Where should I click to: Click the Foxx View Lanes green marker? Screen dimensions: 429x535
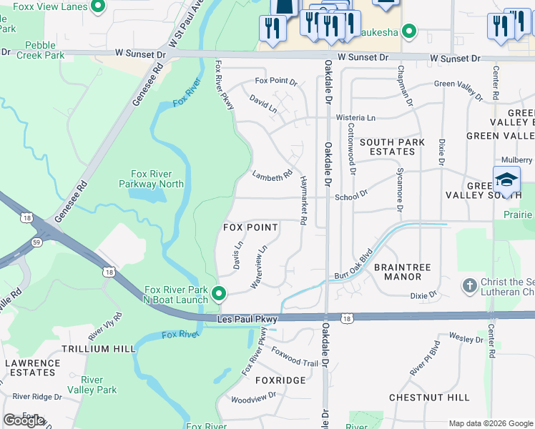[99, 8]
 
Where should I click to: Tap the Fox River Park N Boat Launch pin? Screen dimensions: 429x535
[220, 294]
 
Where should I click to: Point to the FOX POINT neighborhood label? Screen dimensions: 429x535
[250, 227]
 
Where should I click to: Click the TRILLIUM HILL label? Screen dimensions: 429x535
[98, 349]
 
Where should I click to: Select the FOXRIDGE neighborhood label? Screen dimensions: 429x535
[280, 380]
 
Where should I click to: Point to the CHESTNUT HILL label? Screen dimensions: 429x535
[429, 398]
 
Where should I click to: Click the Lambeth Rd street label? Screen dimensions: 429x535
[273, 174]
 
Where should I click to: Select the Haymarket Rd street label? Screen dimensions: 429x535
[304, 201]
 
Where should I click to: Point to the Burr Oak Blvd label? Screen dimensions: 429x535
[354, 265]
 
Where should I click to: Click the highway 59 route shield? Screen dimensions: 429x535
[34, 243]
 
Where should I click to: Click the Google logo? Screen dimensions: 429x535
[24, 420]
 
